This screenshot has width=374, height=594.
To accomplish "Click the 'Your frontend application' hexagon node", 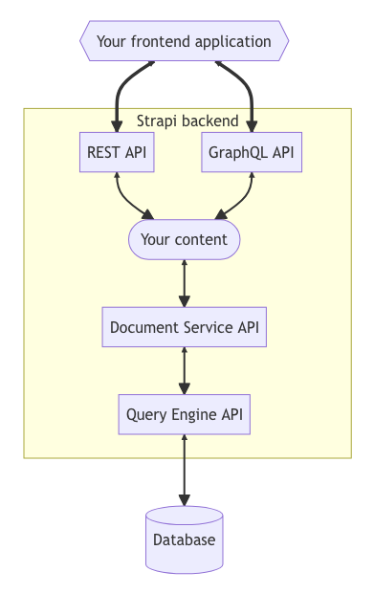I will (x=185, y=42).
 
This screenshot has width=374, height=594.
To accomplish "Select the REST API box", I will (x=117, y=152).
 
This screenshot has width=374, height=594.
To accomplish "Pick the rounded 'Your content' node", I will (x=185, y=239).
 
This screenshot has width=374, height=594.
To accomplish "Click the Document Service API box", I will (x=185, y=327).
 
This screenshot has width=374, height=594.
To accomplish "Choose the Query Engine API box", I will (x=185, y=415).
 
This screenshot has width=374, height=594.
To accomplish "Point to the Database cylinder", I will (x=185, y=540).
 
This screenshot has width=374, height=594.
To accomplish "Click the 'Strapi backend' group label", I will (x=187, y=121).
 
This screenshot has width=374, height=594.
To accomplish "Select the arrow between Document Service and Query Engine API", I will (x=185, y=371).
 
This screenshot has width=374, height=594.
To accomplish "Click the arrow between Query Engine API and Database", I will (x=185, y=471).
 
